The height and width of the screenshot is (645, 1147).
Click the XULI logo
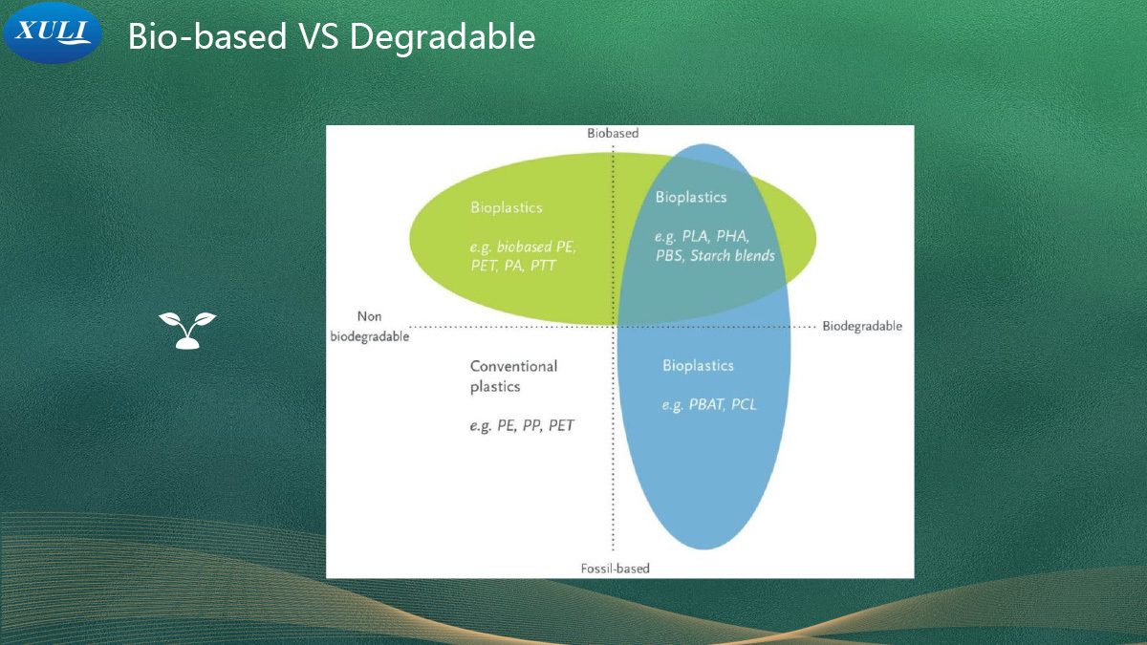point(53,33)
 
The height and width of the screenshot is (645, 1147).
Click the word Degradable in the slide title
point(443,37)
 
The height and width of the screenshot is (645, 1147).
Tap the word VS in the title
point(317,36)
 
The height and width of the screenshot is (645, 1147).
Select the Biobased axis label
point(613,133)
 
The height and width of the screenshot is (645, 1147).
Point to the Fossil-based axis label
point(615,569)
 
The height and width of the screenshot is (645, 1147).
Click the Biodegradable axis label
point(862,326)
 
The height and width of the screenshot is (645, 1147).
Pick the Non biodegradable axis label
point(370,326)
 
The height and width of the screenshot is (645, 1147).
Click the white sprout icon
point(187,331)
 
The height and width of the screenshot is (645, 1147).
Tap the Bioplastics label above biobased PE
point(507,207)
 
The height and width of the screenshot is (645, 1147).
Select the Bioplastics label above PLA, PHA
point(691,197)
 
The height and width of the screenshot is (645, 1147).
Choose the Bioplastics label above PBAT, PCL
point(698,365)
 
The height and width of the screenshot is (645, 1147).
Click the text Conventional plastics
point(513,376)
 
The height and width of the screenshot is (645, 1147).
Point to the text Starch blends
point(732,255)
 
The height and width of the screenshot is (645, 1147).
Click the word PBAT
point(706,404)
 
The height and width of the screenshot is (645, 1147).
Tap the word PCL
point(744,404)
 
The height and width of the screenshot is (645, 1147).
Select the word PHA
point(732,236)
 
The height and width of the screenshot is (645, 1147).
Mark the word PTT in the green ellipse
point(543,266)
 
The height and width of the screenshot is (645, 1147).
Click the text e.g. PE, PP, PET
point(522,426)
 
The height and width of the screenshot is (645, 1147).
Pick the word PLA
point(696,236)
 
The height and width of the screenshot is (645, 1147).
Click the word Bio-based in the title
point(207,37)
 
